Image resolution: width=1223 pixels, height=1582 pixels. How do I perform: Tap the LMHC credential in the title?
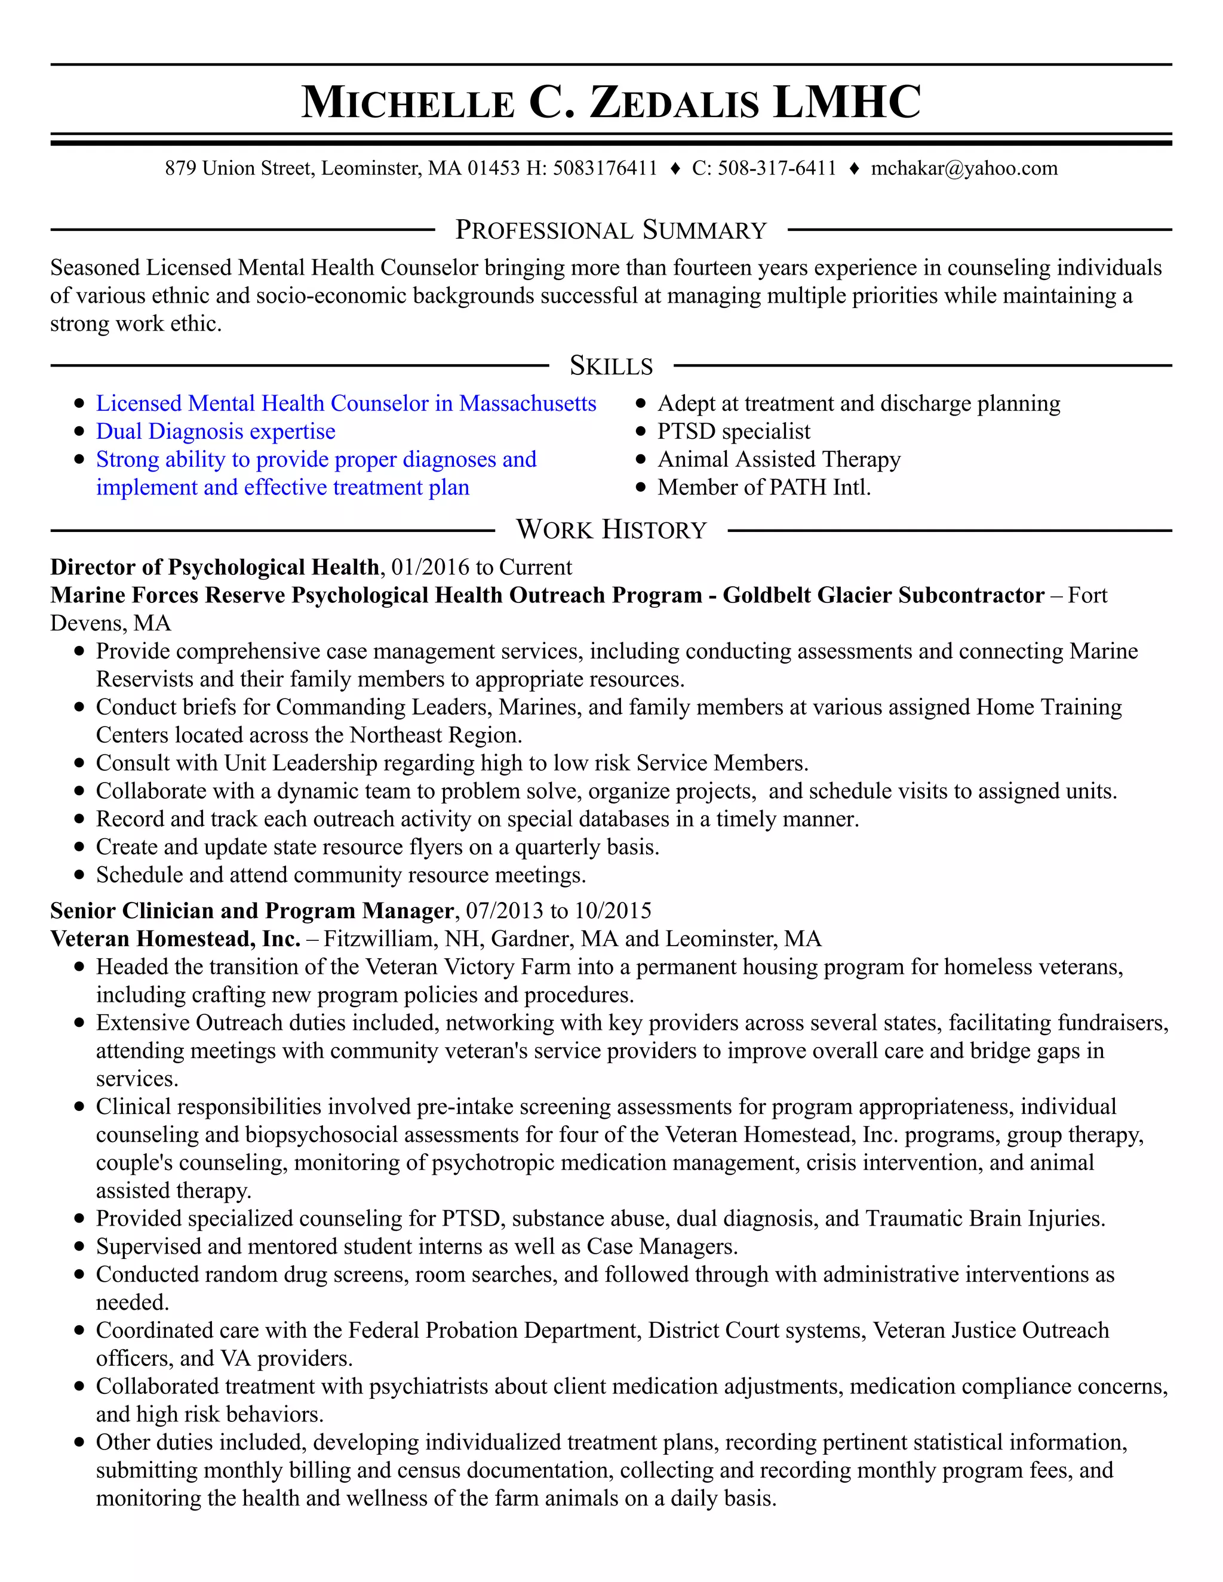click(x=846, y=102)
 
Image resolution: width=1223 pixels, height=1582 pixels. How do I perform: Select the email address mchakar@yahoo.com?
click(x=964, y=169)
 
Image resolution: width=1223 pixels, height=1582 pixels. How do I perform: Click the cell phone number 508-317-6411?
click(x=777, y=169)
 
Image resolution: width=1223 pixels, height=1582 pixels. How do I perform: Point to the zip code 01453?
click(x=493, y=169)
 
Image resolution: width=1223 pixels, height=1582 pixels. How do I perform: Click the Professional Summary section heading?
click(x=611, y=230)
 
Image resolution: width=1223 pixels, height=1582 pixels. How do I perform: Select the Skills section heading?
click(x=611, y=366)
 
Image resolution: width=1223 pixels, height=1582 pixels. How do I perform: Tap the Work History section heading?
click(x=611, y=530)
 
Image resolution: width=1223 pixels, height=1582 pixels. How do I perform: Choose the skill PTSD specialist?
click(x=733, y=432)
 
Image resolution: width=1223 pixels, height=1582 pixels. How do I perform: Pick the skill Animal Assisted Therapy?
click(x=779, y=460)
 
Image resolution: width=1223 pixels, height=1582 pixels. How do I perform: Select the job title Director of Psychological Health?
click(x=214, y=567)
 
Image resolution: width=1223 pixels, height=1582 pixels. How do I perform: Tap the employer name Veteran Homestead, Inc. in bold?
click(x=176, y=939)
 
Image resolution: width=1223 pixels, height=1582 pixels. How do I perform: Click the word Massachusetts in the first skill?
click(x=527, y=404)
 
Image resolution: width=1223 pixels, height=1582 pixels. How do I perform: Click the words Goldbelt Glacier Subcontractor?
click(x=883, y=595)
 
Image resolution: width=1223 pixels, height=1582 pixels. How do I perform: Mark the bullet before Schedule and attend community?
click(x=79, y=876)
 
